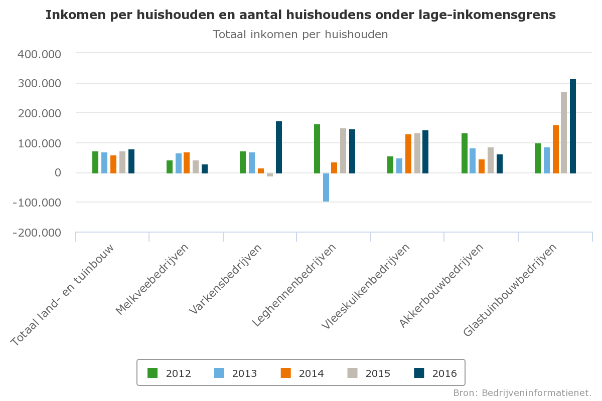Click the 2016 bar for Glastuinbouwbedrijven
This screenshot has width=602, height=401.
coord(573,126)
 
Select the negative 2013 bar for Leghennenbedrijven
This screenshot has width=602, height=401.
coord(326,187)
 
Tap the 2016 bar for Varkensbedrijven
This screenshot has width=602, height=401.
coord(279,147)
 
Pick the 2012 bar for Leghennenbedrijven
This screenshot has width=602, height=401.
coord(317,149)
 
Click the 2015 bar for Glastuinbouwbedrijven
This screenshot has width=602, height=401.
coord(564,133)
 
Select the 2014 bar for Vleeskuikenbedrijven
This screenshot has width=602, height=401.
coord(408,154)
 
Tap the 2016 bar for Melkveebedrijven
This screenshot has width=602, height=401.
coord(205,169)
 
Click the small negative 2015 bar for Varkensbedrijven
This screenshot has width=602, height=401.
coord(270,175)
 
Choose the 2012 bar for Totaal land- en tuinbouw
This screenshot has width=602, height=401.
coord(95,162)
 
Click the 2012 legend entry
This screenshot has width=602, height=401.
coord(169,373)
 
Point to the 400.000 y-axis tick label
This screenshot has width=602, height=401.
coord(39,54)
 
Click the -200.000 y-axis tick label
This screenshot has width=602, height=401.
coord(39,233)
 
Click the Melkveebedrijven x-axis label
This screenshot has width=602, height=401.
coord(154,279)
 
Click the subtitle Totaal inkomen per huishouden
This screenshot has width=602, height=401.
coord(300,35)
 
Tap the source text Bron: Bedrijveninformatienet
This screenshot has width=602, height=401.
coord(522,392)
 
